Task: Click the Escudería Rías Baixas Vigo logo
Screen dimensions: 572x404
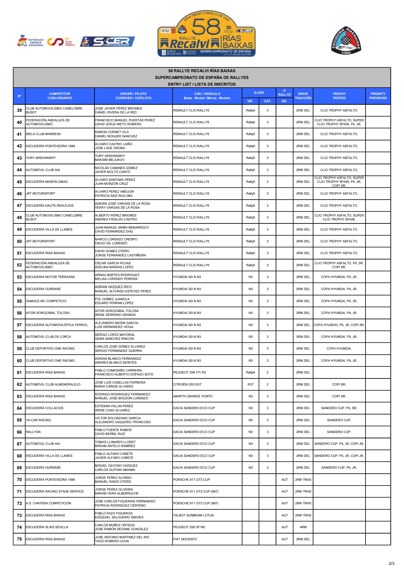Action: point(346,41)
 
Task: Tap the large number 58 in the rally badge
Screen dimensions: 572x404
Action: point(206,27)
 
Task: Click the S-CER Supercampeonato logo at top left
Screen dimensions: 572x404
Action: point(108,42)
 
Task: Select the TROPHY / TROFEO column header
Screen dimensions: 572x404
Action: point(339,96)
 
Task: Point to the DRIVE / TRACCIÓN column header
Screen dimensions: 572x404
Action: point(303,96)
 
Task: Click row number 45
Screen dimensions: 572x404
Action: point(19,182)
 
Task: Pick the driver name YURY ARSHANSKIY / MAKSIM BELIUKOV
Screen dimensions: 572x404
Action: point(110,158)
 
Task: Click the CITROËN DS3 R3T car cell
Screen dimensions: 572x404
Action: point(187,384)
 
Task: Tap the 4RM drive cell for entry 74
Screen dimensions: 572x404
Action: point(303,527)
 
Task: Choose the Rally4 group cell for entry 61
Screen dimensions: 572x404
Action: point(250,372)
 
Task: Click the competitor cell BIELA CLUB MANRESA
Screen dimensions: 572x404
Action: point(43,134)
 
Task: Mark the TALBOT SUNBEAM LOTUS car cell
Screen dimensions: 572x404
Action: point(193,515)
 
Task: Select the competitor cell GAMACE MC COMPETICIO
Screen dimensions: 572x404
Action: point(46,301)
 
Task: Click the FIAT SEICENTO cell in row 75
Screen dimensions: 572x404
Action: point(185,539)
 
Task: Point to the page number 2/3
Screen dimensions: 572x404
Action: point(391,564)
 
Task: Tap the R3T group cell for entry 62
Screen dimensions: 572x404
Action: point(250,384)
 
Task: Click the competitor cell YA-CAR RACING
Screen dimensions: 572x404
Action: point(38,420)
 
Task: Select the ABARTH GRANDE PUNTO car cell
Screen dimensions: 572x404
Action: point(193,396)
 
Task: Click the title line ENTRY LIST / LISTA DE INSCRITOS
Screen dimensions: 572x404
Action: point(202,84)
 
